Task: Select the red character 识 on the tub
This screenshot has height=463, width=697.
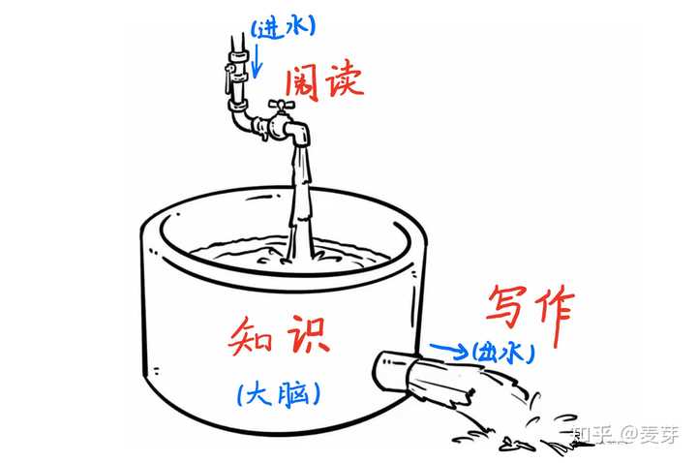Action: pos(307,334)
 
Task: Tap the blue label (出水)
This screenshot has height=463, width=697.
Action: pos(502,353)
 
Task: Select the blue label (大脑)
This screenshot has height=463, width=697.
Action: pos(278,392)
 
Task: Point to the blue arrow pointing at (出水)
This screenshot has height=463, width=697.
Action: pos(447,347)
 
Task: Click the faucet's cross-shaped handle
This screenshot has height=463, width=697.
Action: pos(282,104)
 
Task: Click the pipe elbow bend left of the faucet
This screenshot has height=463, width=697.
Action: pos(238,122)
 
